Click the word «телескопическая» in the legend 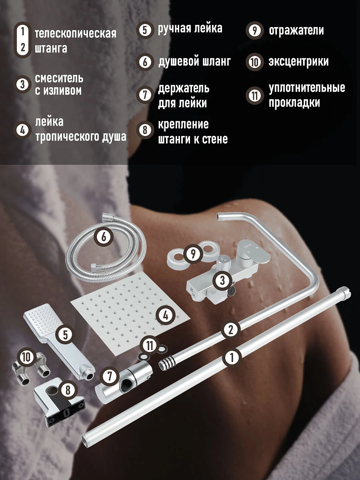point(76,34)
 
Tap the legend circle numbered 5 point(145,30)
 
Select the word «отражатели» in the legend point(296,30)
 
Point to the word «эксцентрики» point(298,62)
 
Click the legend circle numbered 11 point(255,95)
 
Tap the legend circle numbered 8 point(145,130)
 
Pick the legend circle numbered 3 point(22,85)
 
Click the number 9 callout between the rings point(193,254)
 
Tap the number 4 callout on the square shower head point(166,315)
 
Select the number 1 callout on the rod point(232,357)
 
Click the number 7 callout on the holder point(110,376)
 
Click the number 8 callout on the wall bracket point(68,390)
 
